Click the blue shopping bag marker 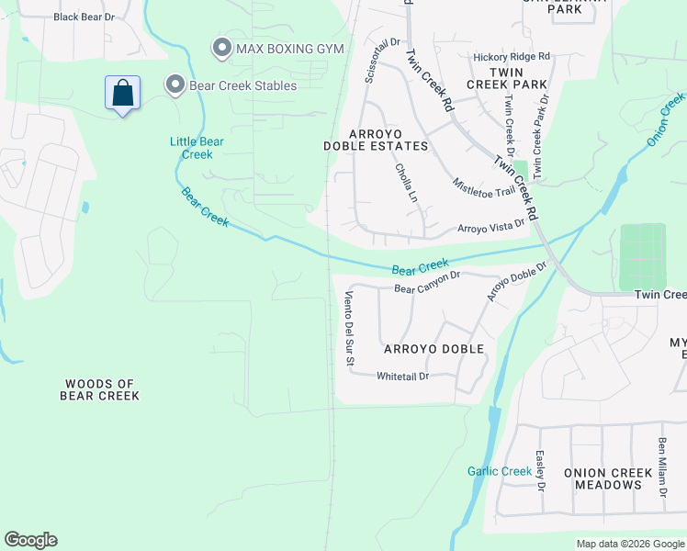(122, 93)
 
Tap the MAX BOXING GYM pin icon (220, 47)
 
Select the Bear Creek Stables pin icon (175, 85)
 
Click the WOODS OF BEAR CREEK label (99, 389)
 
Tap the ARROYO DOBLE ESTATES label (376, 140)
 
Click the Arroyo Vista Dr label (490, 226)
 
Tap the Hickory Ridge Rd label (511, 57)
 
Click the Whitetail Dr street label (402, 376)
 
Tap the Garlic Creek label (500, 471)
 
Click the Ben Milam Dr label (661, 467)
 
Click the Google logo (30, 540)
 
